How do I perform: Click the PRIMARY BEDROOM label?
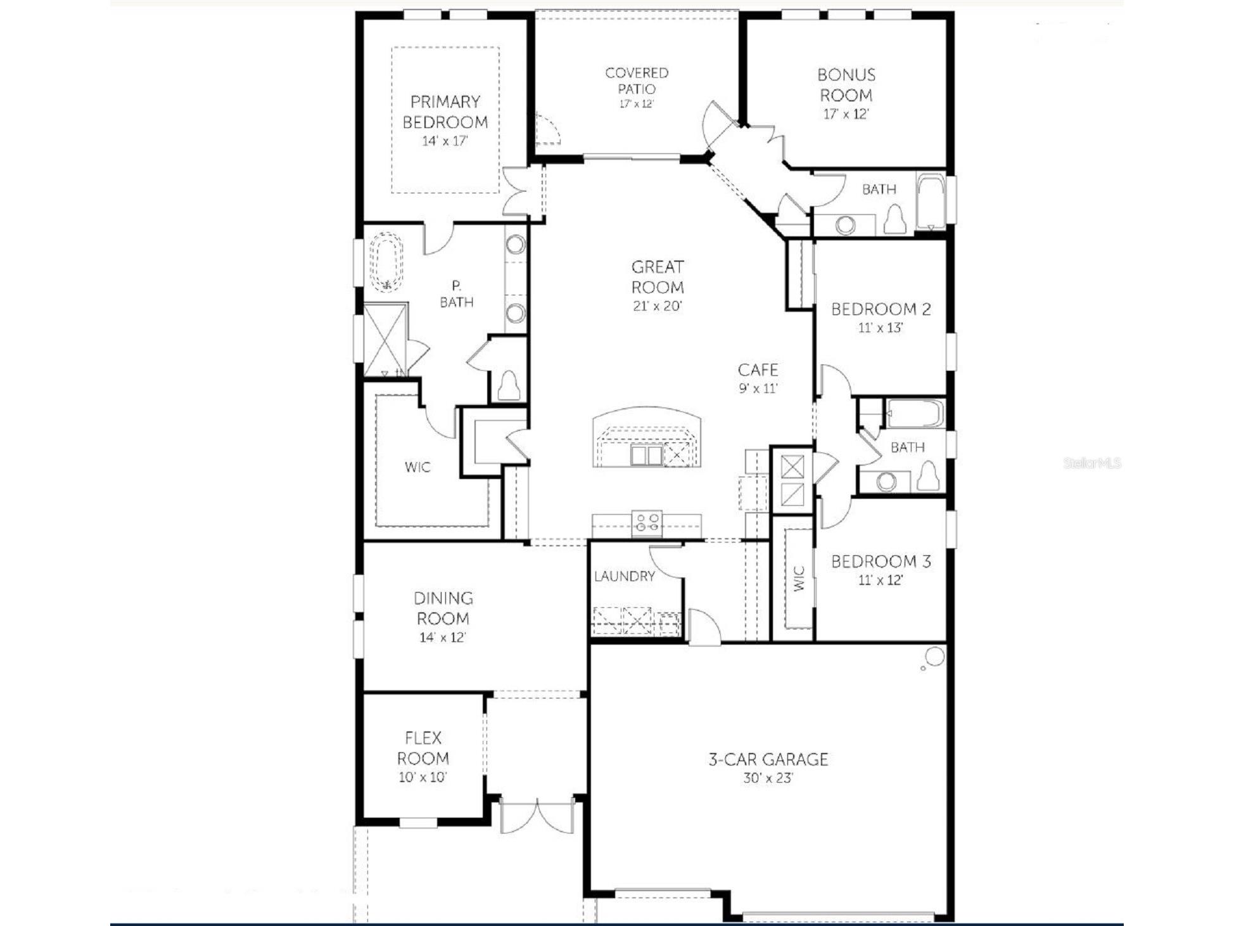[445, 112]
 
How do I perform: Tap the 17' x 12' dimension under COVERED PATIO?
[636, 104]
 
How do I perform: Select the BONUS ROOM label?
[846, 85]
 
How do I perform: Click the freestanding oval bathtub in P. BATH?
[386, 263]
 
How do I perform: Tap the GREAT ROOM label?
[658, 276]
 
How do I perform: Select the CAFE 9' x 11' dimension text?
[758, 389]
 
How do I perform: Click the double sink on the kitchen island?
[646, 455]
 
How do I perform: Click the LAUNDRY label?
[624, 576]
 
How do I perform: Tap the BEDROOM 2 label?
[881, 309]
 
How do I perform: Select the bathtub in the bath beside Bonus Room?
[931, 202]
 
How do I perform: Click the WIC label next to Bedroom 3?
[798, 578]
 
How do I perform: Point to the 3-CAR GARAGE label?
[768, 759]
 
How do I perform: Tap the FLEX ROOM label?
[423, 748]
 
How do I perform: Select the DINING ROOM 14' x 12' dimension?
[443, 638]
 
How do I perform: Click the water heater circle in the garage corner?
[934, 657]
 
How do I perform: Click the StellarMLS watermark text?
[1092, 463]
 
